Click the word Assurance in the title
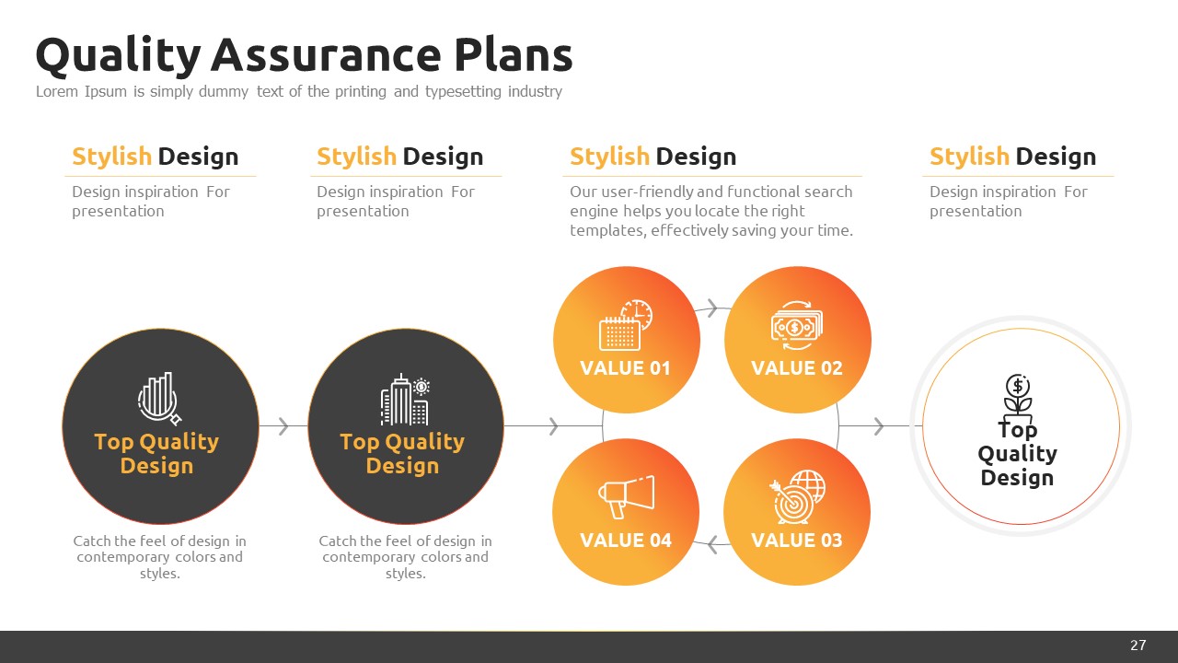[326, 54]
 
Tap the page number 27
[1138, 646]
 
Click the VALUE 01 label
[625, 368]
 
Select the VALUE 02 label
[797, 368]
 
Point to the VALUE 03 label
[797, 541]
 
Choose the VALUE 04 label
[626, 541]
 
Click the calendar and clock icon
[626, 325]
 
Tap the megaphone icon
[627, 496]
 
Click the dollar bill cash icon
[797, 326]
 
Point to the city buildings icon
[404, 400]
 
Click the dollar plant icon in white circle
[1018, 398]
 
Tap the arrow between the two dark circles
[283, 425]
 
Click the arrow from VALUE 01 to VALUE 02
[712, 308]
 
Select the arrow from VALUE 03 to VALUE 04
[712, 544]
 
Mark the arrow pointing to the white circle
[878, 425]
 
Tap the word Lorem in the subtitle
[57, 91]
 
